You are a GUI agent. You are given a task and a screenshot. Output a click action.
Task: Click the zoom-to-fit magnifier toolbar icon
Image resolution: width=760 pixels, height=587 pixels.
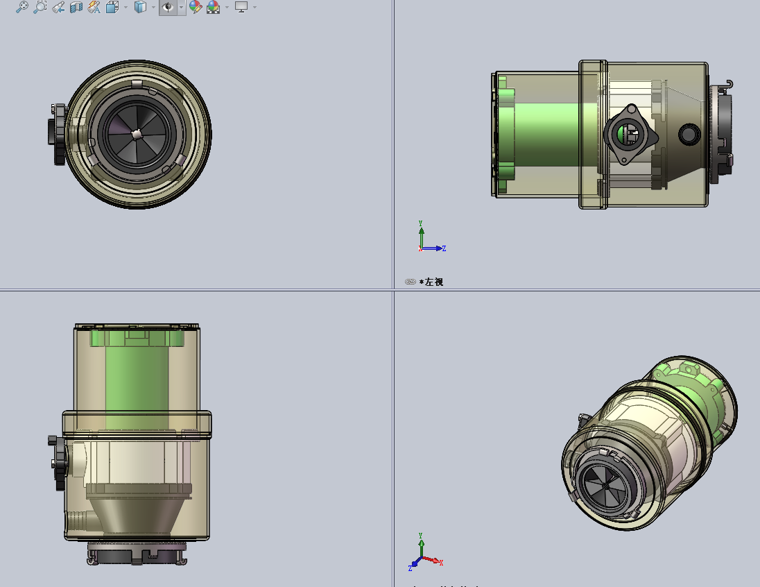[22, 7]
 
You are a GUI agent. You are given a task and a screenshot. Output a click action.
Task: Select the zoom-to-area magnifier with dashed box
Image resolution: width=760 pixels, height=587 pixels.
[40, 7]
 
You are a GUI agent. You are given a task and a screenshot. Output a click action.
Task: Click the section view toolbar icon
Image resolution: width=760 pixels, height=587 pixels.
[76, 7]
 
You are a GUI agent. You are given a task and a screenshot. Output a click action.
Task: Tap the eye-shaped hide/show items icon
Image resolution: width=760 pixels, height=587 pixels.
[168, 7]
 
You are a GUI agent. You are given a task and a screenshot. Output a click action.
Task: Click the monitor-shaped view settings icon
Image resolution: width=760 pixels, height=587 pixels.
[241, 7]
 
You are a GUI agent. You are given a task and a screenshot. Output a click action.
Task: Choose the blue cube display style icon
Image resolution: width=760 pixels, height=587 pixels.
[140, 7]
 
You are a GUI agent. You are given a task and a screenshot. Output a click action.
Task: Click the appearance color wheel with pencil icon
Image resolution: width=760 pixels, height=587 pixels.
[196, 7]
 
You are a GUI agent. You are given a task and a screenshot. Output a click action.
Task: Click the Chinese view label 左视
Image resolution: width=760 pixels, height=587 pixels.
[435, 282]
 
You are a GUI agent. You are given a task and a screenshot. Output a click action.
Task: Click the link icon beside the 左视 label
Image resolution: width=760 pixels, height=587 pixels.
[410, 282]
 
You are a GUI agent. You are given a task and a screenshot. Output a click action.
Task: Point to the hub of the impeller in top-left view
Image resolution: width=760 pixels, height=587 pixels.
[137, 133]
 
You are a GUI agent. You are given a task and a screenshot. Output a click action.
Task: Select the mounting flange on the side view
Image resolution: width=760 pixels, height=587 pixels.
[630, 135]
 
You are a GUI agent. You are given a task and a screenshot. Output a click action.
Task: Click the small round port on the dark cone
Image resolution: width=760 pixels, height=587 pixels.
[689, 134]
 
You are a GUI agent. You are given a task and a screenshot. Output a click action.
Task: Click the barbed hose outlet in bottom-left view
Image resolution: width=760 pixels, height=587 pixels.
[78, 518]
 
